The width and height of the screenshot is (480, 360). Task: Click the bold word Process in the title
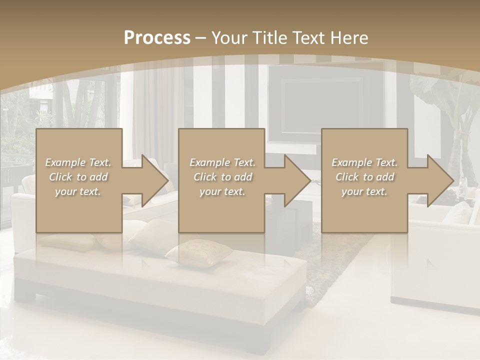(157, 37)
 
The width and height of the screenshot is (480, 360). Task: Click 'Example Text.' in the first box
(78, 162)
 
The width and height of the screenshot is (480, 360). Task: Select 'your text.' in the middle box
(222, 191)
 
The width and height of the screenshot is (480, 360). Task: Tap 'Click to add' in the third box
(364, 177)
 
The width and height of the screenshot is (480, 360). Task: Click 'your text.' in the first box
(78, 191)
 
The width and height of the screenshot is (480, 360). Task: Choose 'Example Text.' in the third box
(364, 162)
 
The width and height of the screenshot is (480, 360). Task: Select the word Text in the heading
(309, 37)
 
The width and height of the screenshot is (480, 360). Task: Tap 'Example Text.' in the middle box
(222, 162)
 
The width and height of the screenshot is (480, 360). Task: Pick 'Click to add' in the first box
(78, 177)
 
